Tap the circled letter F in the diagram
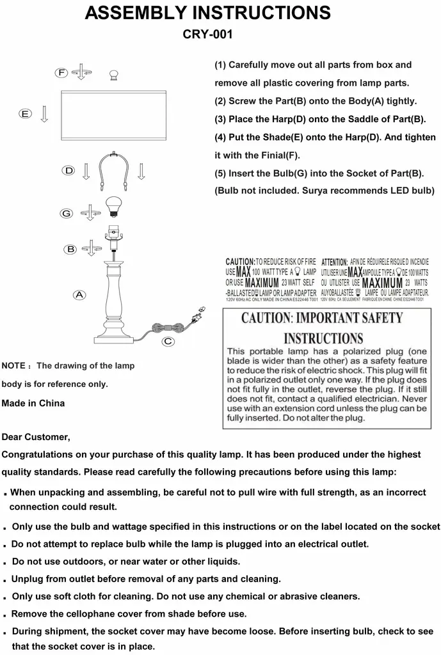pos(61,72)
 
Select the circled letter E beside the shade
pos(25,114)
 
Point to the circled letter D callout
pos(69,170)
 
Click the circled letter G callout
pos(66,212)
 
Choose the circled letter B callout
pos(71,249)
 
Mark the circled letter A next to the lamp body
pos(79,295)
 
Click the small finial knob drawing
pos(115,75)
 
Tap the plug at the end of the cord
pos(198,315)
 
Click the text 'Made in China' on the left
pos(33,404)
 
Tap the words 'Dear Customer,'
pos(36,438)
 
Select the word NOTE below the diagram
pos(13,367)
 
